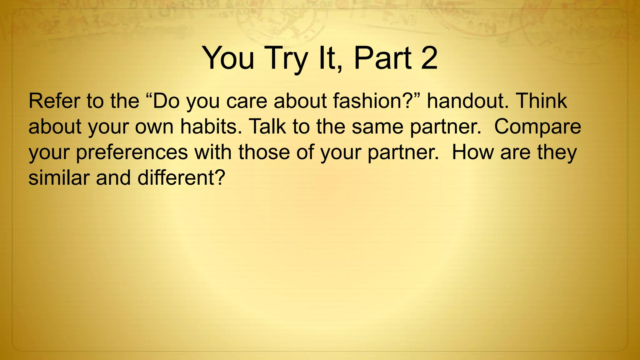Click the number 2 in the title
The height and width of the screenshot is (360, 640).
click(429, 58)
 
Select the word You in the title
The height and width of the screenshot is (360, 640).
click(228, 58)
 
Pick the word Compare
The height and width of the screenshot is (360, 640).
click(537, 127)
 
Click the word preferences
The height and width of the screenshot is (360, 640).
click(132, 153)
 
